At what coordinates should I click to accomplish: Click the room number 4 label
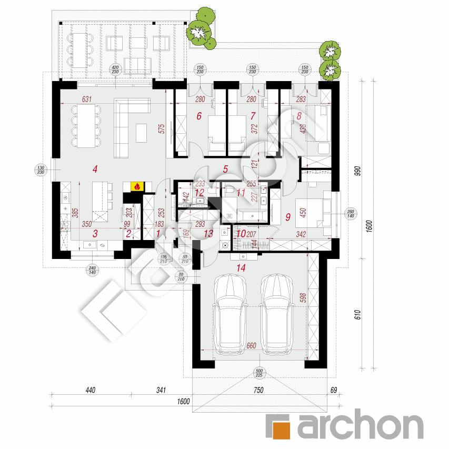pos(95,169)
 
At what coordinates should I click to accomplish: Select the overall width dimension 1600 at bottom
pos(183,402)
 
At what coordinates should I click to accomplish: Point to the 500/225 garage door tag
pos(259,372)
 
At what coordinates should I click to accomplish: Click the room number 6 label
pos(199,117)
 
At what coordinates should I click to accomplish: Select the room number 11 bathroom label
pos(241,193)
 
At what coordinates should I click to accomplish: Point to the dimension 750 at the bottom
pos(257,391)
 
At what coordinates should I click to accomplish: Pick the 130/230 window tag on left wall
pos(42,169)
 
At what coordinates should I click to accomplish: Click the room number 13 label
pos(208,234)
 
